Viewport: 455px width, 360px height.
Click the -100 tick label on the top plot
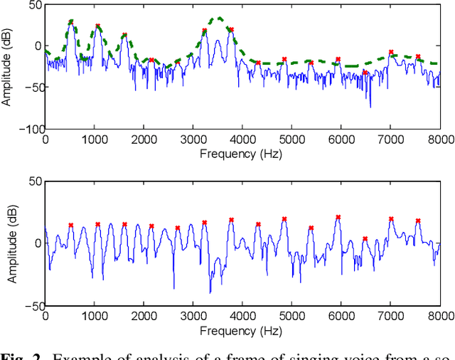pyautogui.click(x=30, y=129)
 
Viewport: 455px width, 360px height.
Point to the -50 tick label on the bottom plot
pyautogui.click(x=33, y=305)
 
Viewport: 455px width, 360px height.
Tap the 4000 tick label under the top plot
pyautogui.click(x=242, y=139)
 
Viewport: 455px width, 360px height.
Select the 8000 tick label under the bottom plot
pyautogui.click(x=439, y=316)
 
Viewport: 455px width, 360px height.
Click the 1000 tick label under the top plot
pyautogui.click(x=95, y=139)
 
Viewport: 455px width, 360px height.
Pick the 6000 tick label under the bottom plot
pyautogui.click(x=341, y=316)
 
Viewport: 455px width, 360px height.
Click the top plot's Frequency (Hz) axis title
pyautogui.click(x=242, y=152)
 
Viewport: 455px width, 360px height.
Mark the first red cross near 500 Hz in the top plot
pyautogui.click(x=70, y=23)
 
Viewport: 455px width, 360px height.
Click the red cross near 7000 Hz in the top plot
pyautogui.click(x=391, y=52)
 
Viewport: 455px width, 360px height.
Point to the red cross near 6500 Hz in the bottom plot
pyautogui.click(x=365, y=239)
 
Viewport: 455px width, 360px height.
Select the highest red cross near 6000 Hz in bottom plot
pyautogui.click(x=338, y=217)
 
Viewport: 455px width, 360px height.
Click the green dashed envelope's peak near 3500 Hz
pyautogui.click(x=219, y=18)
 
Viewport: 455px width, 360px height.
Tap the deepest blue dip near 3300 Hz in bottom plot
pyautogui.click(x=210, y=292)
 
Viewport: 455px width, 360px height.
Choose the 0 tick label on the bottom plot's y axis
pyautogui.click(x=38, y=243)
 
